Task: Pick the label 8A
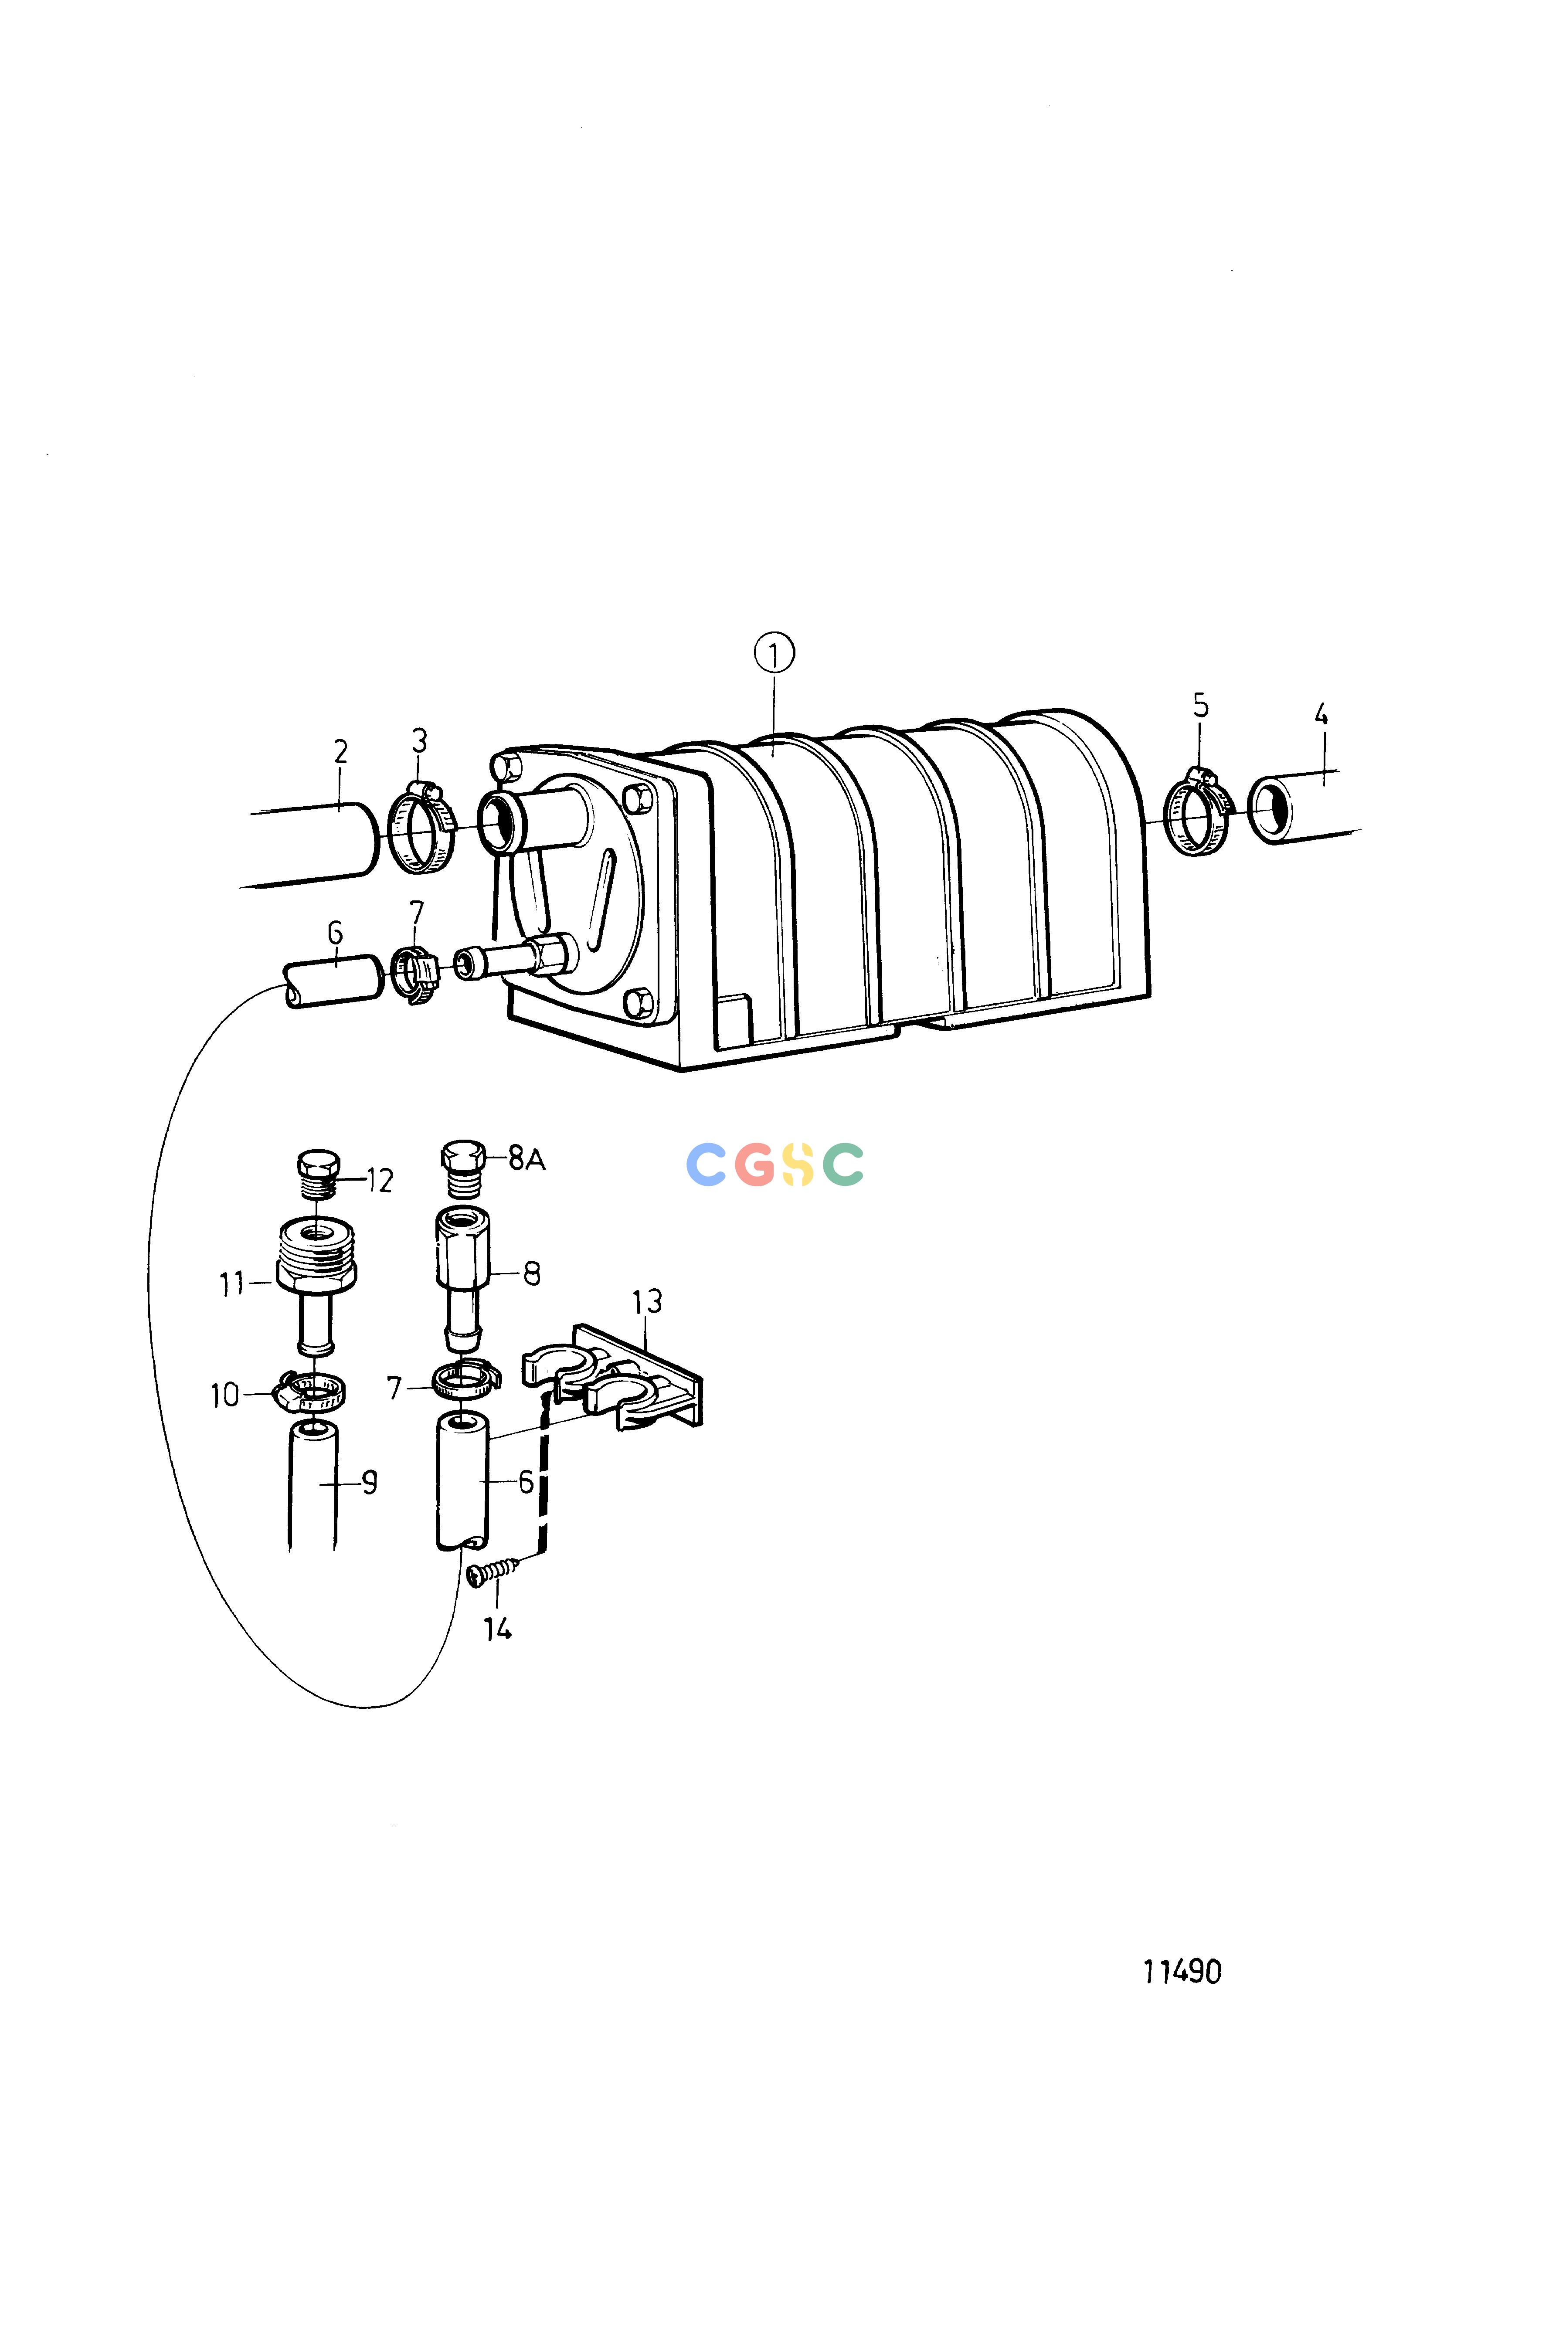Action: (527, 1158)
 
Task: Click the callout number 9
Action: (368, 1481)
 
